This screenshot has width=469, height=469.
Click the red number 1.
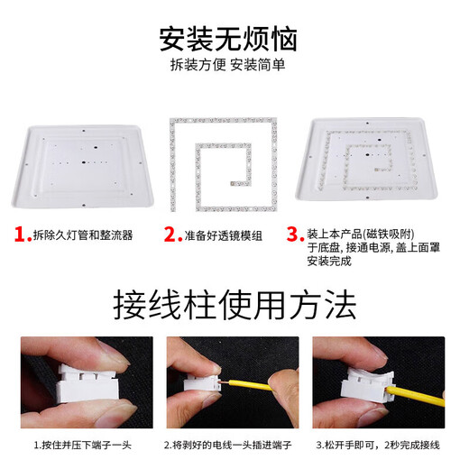pyautogui.click(x=22, y=234)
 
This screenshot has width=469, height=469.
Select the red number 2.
pyautogui.click(x=172, y=234)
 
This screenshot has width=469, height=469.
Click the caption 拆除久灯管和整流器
pyautogui.click(x=82, y=235)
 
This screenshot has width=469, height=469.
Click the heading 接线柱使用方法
pyautogui.click(x=234, y=306)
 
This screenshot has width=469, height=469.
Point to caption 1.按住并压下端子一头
pyautogui.click(x=81, y=445)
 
